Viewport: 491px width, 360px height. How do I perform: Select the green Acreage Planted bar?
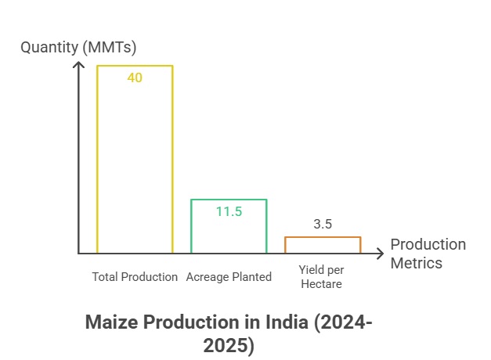point(229,227)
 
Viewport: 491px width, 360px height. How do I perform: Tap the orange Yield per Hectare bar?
point(322,245)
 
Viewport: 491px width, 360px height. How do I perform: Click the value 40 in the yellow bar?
point(135,78)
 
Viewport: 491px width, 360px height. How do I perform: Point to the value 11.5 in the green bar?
point(229,211)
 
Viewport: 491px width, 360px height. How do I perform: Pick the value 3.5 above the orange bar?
point(323,224)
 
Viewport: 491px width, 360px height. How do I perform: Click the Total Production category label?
point(135,277)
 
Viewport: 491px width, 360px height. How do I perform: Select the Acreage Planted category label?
point(229,277)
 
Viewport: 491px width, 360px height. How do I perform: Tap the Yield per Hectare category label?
point(321,276)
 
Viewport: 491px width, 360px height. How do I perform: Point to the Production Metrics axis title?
point(428,253)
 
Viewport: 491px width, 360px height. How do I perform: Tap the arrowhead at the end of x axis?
point(381,254)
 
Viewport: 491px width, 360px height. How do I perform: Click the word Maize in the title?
point(110,322)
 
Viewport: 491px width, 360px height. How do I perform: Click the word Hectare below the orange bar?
point(321,284)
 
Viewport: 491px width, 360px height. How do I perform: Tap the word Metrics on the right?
point(417,262)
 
